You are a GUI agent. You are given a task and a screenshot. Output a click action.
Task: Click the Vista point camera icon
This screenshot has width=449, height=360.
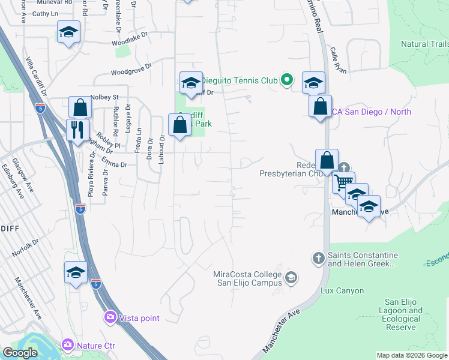(x=110, y=317)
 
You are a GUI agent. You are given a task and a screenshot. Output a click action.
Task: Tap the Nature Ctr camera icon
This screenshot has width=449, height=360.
(x=68, y=345)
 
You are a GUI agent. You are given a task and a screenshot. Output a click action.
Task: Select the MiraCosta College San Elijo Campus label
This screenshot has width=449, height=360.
(x=247, y=279)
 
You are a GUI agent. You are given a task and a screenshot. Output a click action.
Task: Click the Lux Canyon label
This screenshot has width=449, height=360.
(x=342, y=291)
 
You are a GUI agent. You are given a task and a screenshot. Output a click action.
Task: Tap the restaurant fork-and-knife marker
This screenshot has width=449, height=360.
(x=77, y=130)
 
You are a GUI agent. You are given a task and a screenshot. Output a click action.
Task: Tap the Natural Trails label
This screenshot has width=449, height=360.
(x=424, y=44)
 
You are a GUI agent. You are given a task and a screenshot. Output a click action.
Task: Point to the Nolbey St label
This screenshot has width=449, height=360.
(x=105, y=97)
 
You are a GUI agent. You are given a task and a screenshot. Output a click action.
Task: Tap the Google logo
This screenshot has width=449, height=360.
(x=20, y=353)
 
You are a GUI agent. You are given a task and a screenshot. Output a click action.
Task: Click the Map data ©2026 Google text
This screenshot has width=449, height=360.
(x=411, y=355)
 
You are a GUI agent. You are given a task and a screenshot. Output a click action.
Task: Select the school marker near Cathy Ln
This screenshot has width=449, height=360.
(x=69, y=32)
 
